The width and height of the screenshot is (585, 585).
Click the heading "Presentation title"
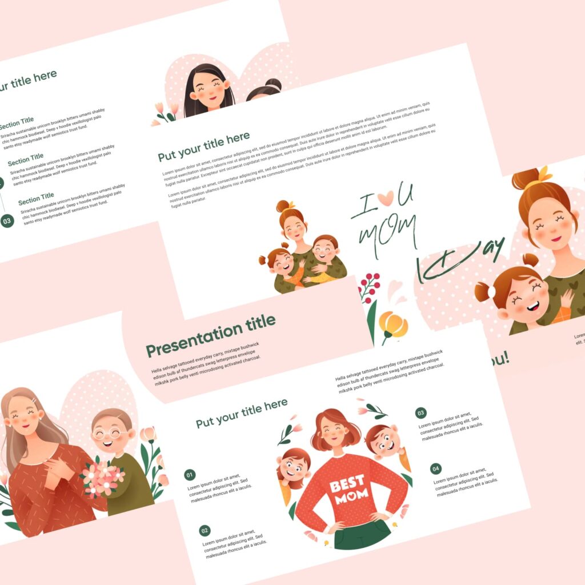tap(210, 335)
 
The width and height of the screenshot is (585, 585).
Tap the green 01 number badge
tap(190, 475)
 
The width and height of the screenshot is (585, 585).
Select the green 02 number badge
tap(205, 531)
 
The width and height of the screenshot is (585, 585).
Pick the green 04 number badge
tap(436, 469)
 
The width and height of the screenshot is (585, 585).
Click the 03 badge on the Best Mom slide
tap(420, 413)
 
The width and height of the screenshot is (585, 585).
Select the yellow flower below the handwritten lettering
tap(394, 324)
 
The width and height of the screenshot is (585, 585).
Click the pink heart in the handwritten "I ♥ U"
tap(385, 198)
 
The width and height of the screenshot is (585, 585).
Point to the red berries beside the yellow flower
tap(368, 286)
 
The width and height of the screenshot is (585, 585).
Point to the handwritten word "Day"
tap(463, 260)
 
